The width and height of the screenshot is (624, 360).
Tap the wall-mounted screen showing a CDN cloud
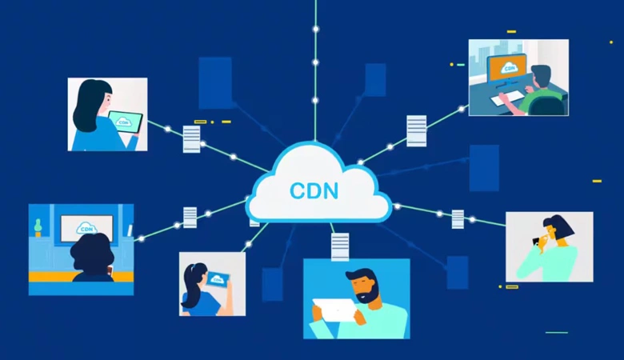(86, 228)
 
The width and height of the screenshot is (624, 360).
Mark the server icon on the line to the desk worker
(416, 130)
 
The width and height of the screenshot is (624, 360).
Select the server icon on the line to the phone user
(458, 218)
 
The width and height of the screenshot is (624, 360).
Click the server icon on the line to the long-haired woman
(191, 138)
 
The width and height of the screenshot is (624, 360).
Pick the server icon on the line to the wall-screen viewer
(190, 217)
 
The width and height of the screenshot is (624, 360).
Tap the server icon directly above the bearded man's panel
(340, 246)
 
